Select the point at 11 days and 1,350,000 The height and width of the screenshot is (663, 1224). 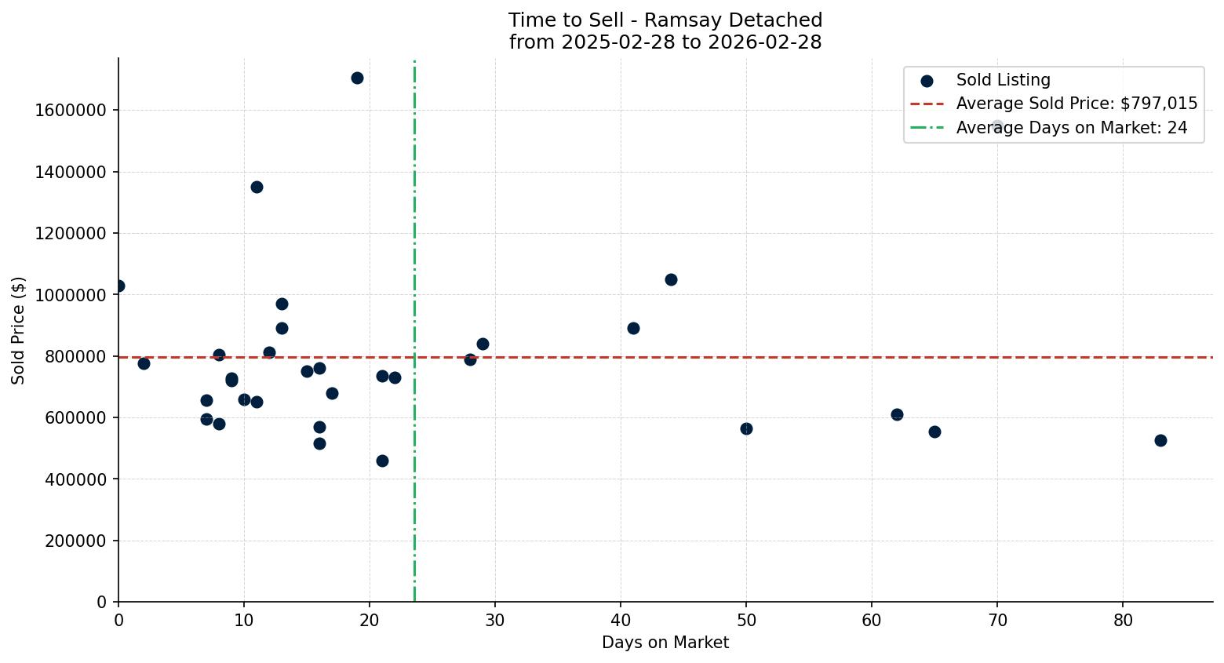pyautogui.click(x=257, y=187)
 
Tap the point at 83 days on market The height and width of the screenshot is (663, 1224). pyautogui.click(x=1160, y=440)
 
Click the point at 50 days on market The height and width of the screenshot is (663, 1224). pyautogui.click(x=746, y=428)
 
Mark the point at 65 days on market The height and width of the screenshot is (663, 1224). pyautogui.click(x=934, y=432)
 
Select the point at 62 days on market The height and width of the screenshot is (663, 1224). pyautogui.click(x=897, y=414)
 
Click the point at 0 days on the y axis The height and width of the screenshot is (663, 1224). pyautogui.click(x=119, y=286)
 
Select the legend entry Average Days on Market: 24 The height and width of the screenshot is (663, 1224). pyautogui.click(x=1071, y=128)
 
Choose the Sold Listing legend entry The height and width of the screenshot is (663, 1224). pyautogui.click(x=1003, y=80)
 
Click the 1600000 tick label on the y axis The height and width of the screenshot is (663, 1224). pyautogui.click(x=71, y=111)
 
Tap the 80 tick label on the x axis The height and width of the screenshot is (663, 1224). pyautogui.click(x=1123, y=620)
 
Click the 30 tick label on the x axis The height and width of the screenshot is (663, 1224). pyautogui.click(x=495, y=620)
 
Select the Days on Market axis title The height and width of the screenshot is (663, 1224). pyautogui.click(x=665, y=643)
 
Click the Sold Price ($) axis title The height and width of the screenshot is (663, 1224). pyautogui.click(x=19, y=330)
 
